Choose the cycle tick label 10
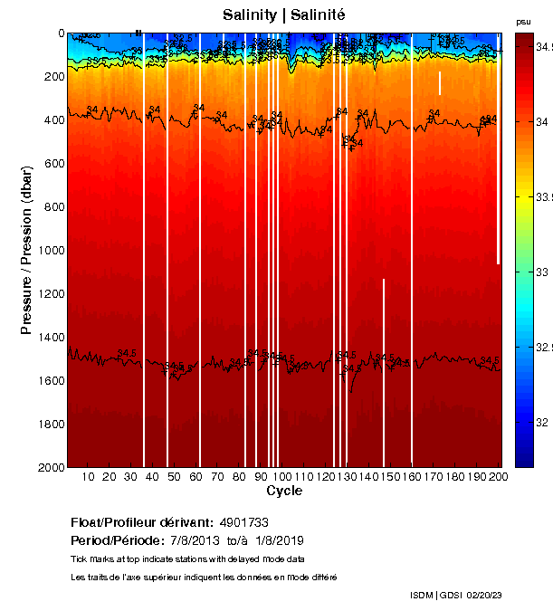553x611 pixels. coord(88,477)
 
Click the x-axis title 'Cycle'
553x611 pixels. coord(284,491)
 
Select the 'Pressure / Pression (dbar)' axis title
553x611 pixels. coord(26,250)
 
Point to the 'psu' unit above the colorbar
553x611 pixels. coord(523,21)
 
